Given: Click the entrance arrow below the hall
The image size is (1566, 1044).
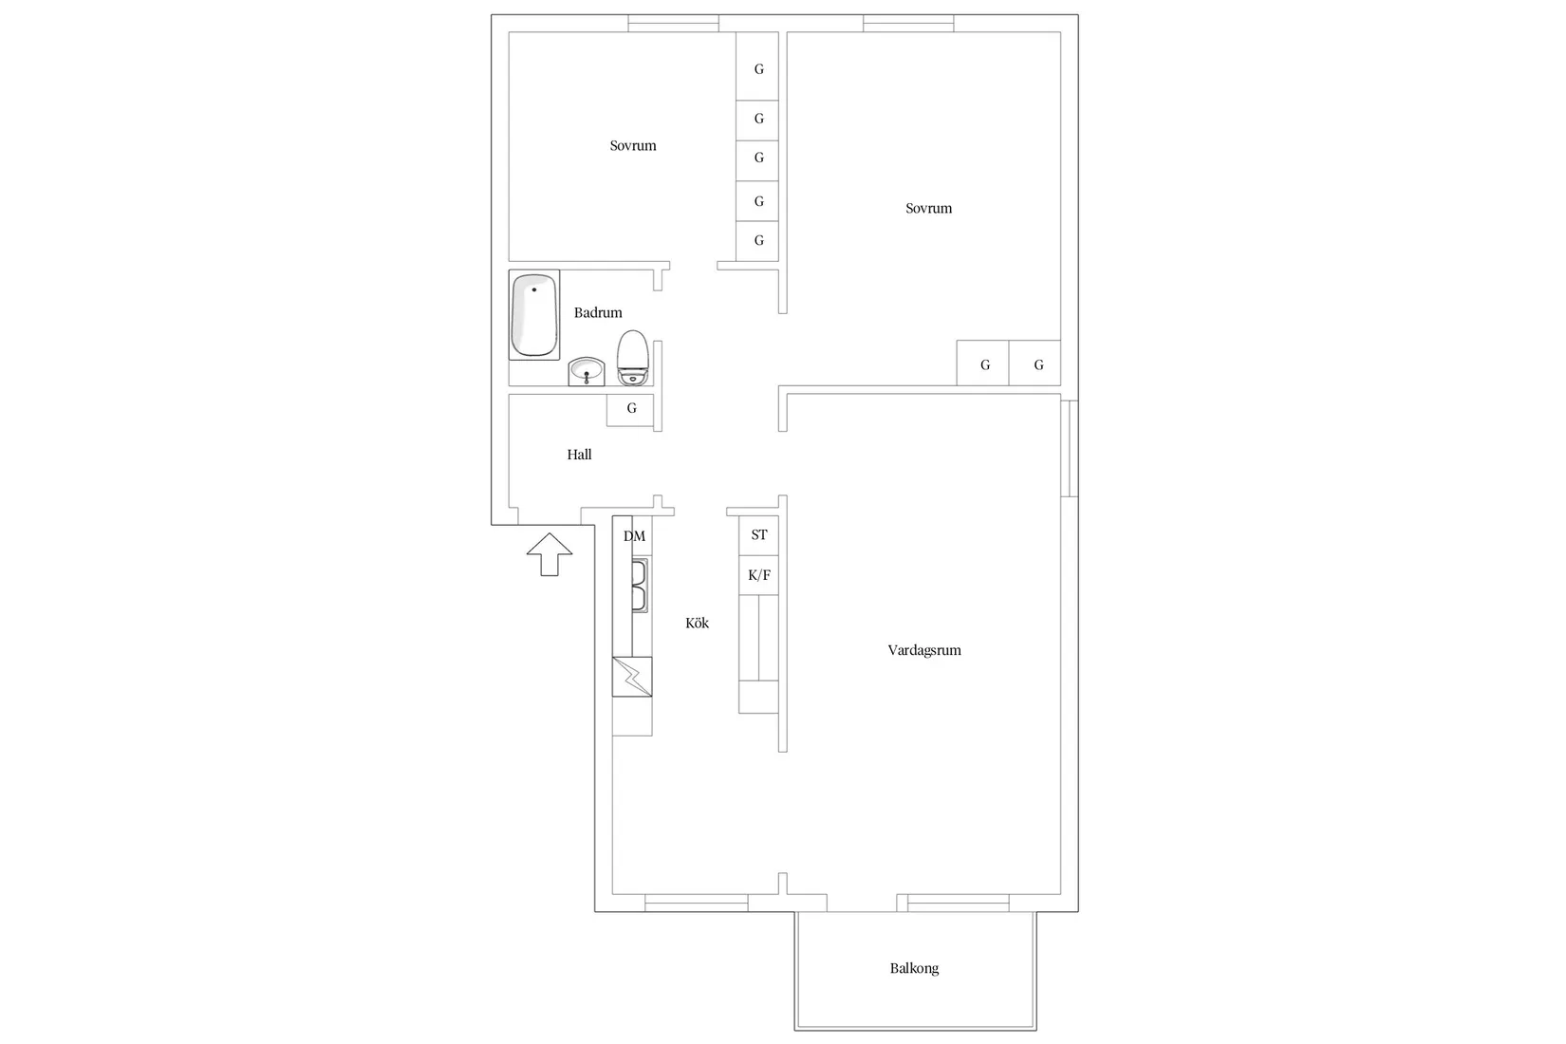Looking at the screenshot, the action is point(550,554).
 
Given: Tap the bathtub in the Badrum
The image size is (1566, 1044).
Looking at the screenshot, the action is point(534,315).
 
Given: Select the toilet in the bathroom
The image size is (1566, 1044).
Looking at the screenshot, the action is point(633,357).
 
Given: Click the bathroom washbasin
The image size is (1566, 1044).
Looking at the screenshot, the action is point(586,371).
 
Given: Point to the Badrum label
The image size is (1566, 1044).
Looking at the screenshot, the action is point(598,312).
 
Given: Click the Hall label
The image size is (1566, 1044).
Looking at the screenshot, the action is point(579,455).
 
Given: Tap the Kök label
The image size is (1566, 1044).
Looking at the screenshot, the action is point(697,623).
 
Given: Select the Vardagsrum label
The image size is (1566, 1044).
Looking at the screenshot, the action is point(924,650).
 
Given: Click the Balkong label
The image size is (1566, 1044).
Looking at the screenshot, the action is point(914,968).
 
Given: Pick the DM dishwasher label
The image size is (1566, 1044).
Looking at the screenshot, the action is point(634,536).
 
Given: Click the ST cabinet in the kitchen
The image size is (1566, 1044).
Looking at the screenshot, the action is point(758,535).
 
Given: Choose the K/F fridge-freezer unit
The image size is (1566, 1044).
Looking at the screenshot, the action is point(758,575).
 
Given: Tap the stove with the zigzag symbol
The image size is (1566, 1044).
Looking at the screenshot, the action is point(632,677).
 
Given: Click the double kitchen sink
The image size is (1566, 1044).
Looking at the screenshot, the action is point(640,586).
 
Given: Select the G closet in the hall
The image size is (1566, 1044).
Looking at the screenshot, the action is point(630,410).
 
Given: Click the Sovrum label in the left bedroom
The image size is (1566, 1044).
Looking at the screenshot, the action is point(633,145).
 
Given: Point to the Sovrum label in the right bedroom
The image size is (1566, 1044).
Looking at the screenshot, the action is point(928,209).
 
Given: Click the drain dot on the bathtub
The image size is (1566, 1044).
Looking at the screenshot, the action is point(534,289).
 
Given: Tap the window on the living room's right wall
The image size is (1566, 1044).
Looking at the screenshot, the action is point(1070,448).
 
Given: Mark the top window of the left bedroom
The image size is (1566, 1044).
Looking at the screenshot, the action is point(673,24).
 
